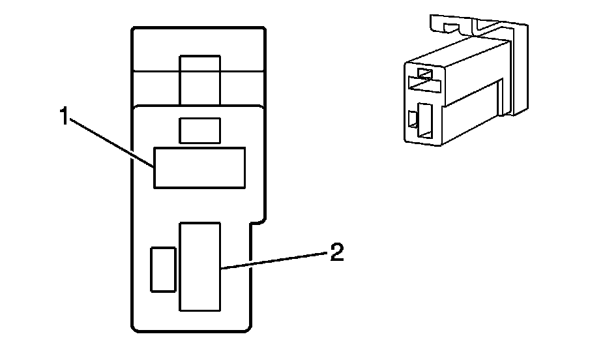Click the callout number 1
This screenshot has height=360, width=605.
point(63,118)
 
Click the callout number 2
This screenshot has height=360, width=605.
point(335,252)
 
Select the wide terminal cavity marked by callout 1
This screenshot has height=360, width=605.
point(199,168)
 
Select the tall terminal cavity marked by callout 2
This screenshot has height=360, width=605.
point(201,266)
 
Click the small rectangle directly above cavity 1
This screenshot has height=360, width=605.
point(200,130)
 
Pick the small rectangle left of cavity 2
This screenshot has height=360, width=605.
point(162,269)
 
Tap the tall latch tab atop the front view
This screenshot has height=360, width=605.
point(200,78)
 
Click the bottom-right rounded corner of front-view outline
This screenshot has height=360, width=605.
point(246,329)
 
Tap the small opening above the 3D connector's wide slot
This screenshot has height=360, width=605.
point(424,73)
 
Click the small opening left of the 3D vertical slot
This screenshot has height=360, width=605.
point(412,119)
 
